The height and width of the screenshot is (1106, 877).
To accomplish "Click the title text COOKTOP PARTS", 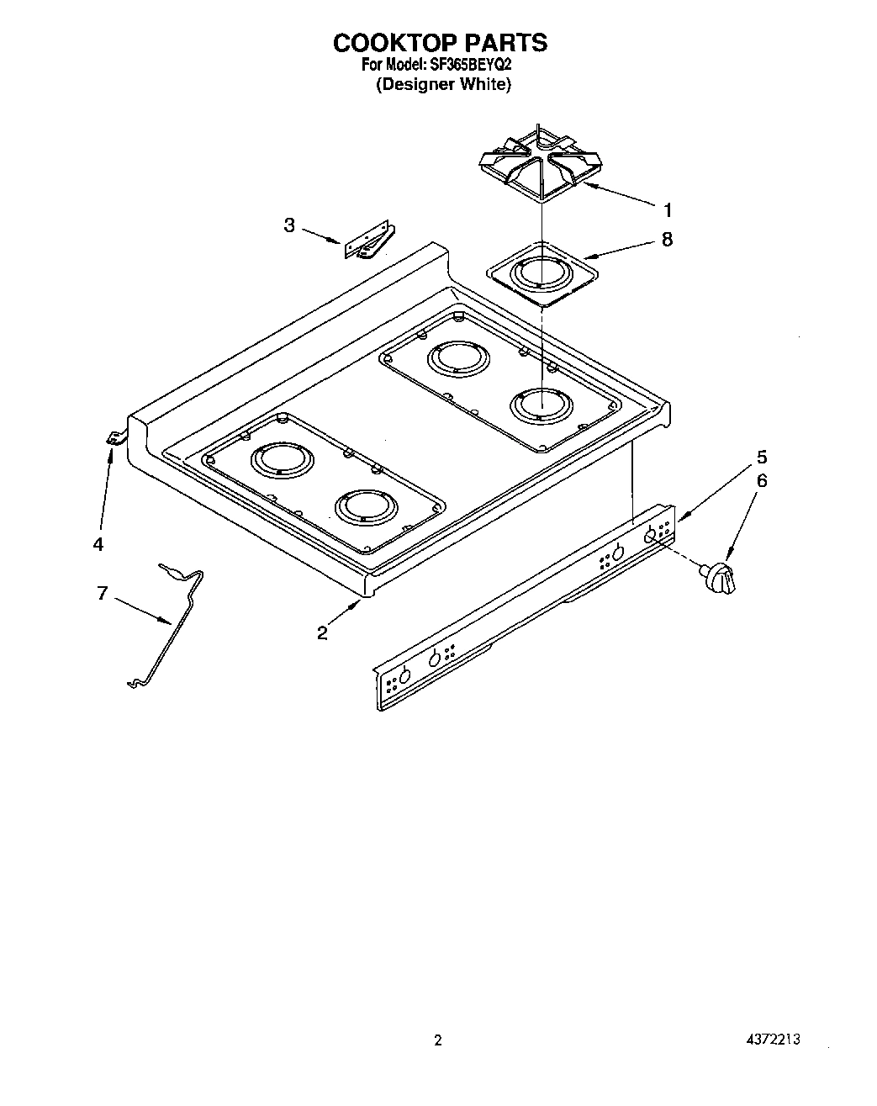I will [x=440, y=42].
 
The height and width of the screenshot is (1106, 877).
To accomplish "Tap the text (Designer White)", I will [x=442, y=84].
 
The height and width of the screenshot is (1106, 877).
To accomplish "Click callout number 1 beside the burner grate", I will [x=668, y=209].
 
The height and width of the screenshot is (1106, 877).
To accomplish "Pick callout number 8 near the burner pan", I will [x=667, y=240].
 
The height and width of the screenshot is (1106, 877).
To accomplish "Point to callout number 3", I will [x=289, y=225].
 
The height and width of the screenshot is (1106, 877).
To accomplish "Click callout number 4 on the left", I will [x=98, y=544].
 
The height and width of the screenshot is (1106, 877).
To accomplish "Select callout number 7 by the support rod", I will [x=102, y=594].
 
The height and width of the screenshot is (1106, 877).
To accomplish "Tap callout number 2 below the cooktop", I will [x=322, y=633].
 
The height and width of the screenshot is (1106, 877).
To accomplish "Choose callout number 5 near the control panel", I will [x=762, y=458].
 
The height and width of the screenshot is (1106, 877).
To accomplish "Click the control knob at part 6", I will [x=720, y=578].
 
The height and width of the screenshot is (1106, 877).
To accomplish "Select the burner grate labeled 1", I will [x=539, y=165].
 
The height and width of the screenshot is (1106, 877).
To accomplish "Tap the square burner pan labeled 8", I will [x=543, y=274].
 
